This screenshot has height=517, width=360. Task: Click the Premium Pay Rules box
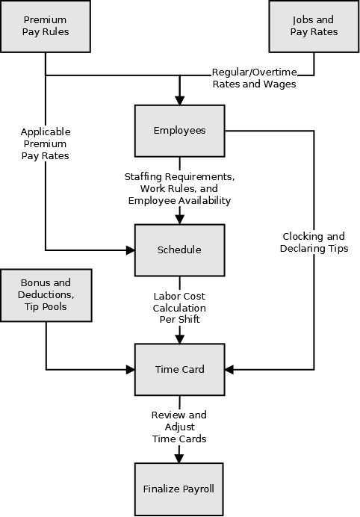pos(46,26)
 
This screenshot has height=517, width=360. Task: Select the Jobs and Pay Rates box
pos(314,26)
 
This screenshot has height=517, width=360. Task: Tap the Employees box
pos(179,131)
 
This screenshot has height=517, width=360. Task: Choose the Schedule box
pos(179,250)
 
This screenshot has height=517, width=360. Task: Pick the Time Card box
pos(179,369)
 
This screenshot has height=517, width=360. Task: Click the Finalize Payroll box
pos(179,489)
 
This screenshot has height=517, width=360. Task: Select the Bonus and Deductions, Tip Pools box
pos(46,295)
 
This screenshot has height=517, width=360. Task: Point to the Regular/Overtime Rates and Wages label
pos(254,78)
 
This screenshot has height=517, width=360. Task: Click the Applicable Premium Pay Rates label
pos(46,143)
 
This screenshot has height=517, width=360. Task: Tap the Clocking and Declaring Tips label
pos(314,242)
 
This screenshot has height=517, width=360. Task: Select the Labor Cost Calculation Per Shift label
pos(179,308)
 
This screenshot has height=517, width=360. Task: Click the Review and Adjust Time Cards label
pos(179,427)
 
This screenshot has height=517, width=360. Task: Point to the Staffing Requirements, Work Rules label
pos(179,189)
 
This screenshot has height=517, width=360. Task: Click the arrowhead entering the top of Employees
pos(179,100)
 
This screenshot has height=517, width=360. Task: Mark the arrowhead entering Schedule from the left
pos(130,250)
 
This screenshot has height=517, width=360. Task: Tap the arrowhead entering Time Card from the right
pos(229,369)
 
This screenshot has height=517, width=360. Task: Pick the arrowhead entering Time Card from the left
pos(130,369)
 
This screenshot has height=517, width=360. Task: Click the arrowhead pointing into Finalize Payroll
pos(179,458)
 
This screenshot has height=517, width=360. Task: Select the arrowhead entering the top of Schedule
pos(179,220)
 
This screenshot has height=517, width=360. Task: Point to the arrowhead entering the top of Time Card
pos(179,338)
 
